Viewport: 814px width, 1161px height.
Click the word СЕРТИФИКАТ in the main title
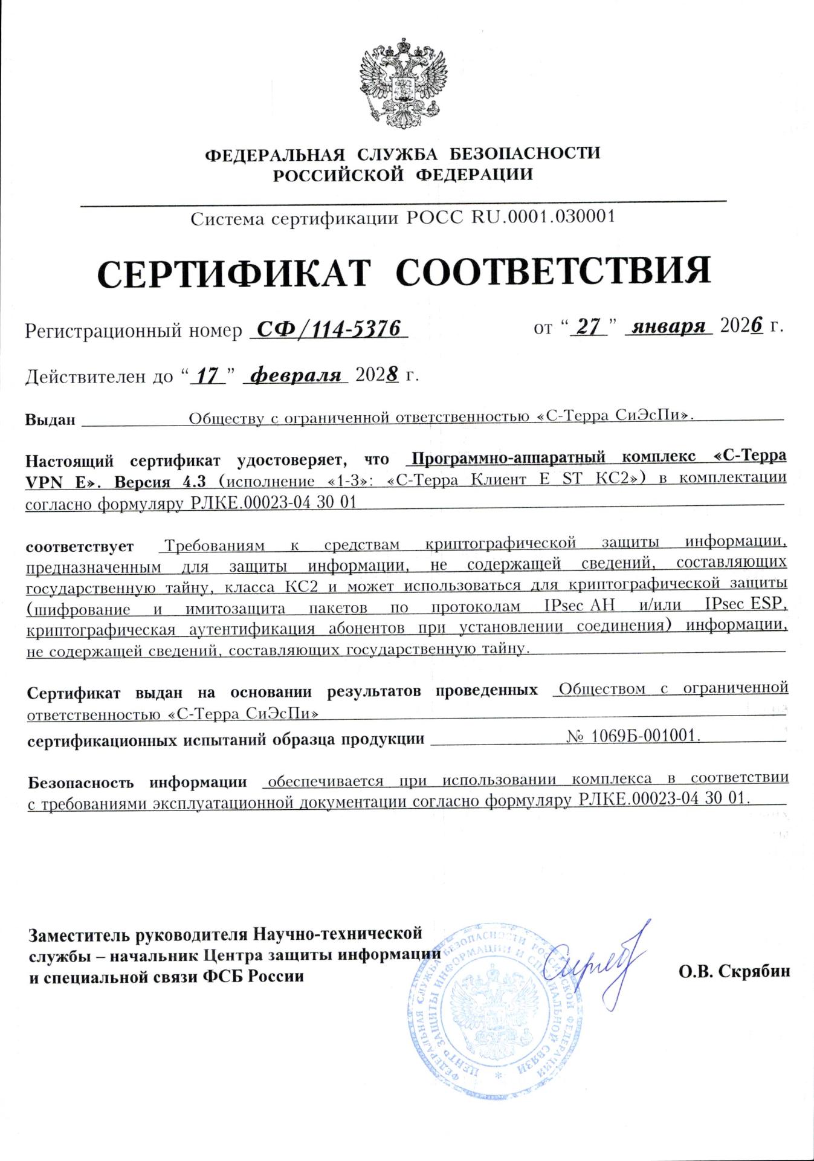233,273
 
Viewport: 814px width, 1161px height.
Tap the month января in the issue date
669,327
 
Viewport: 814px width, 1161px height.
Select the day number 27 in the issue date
589,327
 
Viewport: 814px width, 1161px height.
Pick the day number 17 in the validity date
207,375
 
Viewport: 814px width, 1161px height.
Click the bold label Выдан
50,419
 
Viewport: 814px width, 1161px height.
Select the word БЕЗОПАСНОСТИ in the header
526,153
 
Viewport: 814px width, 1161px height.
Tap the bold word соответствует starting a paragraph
79,547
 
